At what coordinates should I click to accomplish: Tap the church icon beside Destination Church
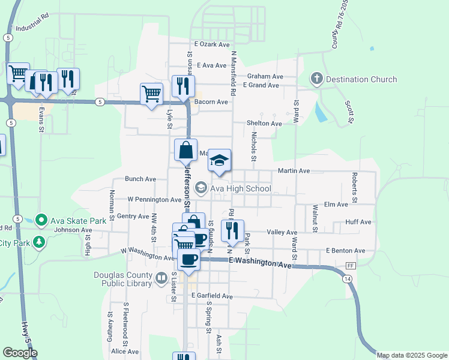[x=317, y=79]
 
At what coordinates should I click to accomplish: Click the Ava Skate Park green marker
[x=41, y=220]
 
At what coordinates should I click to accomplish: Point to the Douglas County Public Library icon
[x=161, y=278]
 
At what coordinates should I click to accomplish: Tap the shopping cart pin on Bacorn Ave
[x=151, y=94]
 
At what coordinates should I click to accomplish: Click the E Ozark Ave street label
[x=212, y=44]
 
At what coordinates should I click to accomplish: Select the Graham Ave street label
[x=265, y=76]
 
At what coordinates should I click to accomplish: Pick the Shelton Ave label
[x=264, y=124]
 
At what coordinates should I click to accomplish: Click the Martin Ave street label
[x=294, y=171]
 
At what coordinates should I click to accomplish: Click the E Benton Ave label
[x=345, y=250]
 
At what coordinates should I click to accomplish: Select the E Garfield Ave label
[x=212, y=296]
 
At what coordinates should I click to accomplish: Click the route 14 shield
[x=347, y=279]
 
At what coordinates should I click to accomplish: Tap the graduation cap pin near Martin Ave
[x=220, y=160]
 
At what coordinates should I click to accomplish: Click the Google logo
[x=20, y=353]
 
